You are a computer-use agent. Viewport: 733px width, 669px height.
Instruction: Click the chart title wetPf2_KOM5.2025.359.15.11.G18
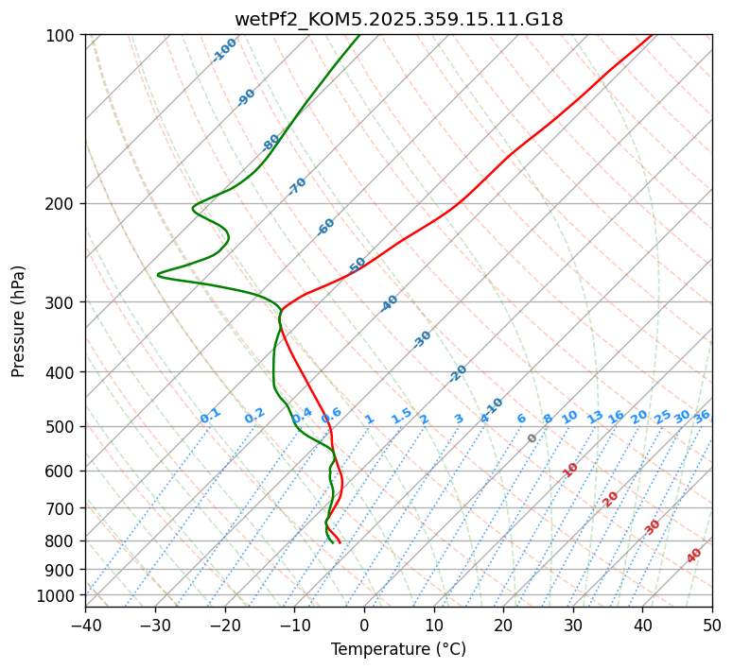(x=398, y=18)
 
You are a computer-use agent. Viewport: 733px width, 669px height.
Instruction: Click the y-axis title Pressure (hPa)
(x=19, y=320)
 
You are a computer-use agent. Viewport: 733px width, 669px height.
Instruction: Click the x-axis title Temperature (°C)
(x=398, y=649)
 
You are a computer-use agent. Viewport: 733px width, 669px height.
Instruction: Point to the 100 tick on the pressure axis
(x=62, y=35)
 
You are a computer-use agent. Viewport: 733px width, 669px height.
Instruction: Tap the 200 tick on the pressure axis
(x=62, y=203)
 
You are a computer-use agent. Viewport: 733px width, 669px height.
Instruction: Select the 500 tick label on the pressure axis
(x=62, y=426)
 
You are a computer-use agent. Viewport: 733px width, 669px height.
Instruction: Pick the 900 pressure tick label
(x=62, y=569)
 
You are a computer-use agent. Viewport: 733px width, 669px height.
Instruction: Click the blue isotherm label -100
(x=225, y=49)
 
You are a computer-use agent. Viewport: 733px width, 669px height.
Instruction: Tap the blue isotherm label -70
(x=298, y=186)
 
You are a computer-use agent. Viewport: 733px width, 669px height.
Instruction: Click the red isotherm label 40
(x=694, y=556)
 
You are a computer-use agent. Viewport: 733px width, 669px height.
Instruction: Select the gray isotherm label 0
(x=532, y=438)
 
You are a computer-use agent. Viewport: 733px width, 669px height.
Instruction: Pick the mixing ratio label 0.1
(x=210, y=415)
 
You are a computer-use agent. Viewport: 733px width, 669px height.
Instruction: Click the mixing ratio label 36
(x=702, y=416)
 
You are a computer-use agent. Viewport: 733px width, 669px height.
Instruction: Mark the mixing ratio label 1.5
(x=401, y=415)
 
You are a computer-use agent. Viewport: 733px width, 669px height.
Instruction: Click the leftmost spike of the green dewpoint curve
(x=158, y=275)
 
